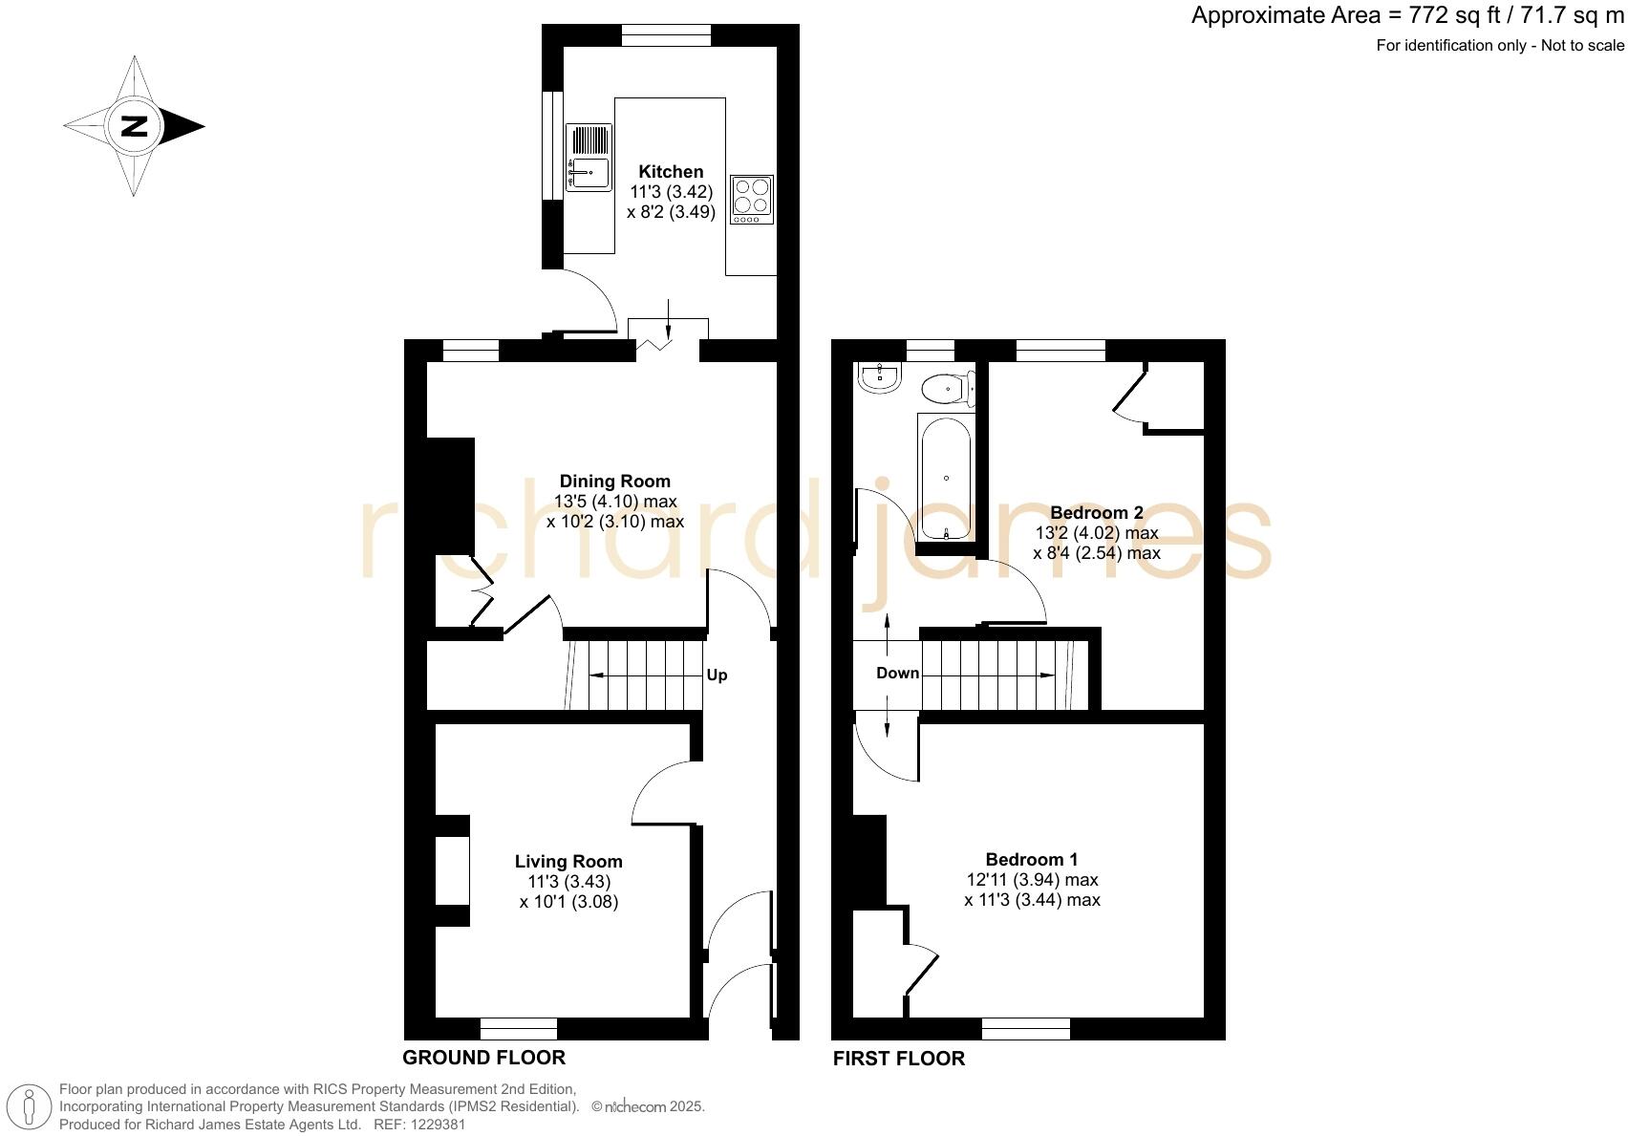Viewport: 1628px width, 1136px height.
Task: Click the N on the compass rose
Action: pyautogui.click(x=134, y=126)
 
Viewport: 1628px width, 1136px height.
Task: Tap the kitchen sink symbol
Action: pyautogui.click(x=588, y=158)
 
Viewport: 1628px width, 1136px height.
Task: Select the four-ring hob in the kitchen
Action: pyautogui.click(x=752, y=200)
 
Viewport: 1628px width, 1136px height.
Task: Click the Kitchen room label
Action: pyautogui.click(x=671, y=172)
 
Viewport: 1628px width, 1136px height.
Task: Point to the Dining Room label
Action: pyautogui.click(x=614, y=482)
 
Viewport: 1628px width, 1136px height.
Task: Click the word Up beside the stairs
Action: pyautogui.click(x=717, y=675)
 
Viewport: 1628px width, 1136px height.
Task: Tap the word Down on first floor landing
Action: pyautogui.click(x=897, y=674)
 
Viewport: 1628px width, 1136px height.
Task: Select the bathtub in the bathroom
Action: pyautogui.click(x=945, y=478)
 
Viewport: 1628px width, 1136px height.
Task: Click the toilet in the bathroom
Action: pyautogui.click(x=947, y=389)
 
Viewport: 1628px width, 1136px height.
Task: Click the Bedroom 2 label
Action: pyautogui.click(x=1097, y=513)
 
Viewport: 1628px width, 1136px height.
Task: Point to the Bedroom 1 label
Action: pyautogui.click(x=1032, y=860)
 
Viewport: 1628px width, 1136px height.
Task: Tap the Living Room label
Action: pyautogui.click(x=568, y=862)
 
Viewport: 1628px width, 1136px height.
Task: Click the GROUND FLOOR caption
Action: pyautogui.click(x=483, y=1058)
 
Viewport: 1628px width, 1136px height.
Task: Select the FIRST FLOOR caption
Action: pyautogui.click(x=898, y=1059)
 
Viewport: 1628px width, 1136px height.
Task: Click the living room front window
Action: pyautogui.click(x=518, y=1029)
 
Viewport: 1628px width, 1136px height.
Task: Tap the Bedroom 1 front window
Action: pyautogui.click(x=1025, y=1029)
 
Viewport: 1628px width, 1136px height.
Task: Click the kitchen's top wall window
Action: pyautogui.click(x=666, y=35)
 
